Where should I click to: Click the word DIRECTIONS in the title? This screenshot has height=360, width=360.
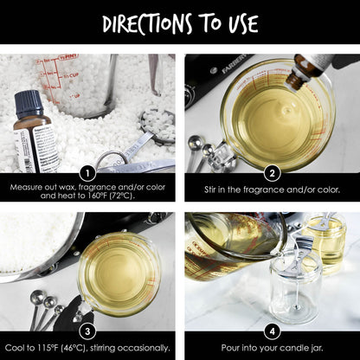click(148, 23)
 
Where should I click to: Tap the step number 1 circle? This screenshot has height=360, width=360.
click(87, 174)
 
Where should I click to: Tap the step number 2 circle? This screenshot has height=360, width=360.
click(272, 174)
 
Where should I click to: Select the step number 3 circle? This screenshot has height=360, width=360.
click(87, 331)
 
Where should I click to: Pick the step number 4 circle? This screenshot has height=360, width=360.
click(272, 331)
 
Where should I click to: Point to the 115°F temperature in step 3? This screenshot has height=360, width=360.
click(47, 348)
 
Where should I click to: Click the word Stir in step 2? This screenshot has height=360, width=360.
click(209, 190)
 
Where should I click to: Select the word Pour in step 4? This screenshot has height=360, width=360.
click(228, 348)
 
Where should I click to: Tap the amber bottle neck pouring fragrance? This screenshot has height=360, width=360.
click(295, 80)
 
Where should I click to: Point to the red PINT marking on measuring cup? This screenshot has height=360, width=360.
click(68, 57)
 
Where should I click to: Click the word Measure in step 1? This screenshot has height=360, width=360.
click(23, 188)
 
